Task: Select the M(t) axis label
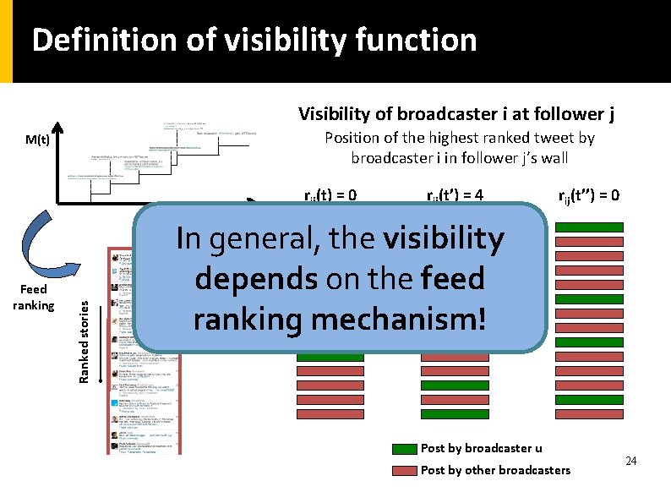pyautogui.click(x=37, y=139)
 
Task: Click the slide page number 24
pyautogui.click(x=630, y=461)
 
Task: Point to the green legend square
pyautogui.click(x=406, y=449)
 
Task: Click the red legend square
pyautogui.click(x=406, y=470)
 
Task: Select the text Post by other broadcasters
pyautogui.click(x=495, y=470)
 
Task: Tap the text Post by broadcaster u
pyautogui.click(x=482, y=449)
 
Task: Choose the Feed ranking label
pyautogui.click(x=37, y=297)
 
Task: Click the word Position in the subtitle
pyautogui.click(x=353, y=138)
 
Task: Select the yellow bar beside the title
pyautogui.click(x=7, y=41)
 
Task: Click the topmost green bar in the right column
pyautogui.click(x=589, y=227)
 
